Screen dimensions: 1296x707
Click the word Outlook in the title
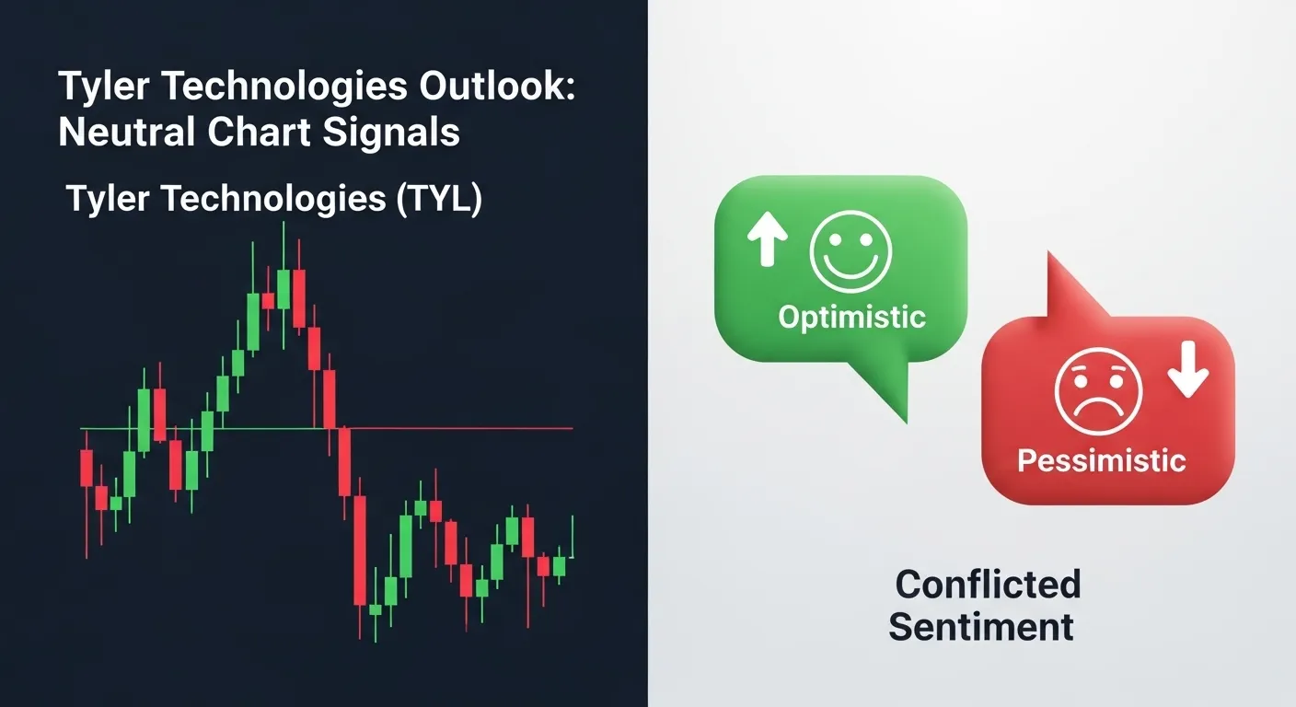pos(497,87)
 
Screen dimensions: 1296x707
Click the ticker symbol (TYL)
pos(439,199)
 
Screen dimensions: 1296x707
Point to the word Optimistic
pos(851,317)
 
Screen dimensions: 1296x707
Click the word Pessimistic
pos(1102,460)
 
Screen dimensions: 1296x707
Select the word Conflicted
pos(988,584)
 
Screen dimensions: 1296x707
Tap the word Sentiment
pos(981,627)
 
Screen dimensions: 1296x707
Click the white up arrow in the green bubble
pos(767,239)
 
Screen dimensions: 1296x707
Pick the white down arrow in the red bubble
pos(1187,369)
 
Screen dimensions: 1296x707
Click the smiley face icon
pos(850,251)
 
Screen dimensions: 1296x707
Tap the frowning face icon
pos(1099,391)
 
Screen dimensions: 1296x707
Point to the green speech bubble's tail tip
pos(906,423)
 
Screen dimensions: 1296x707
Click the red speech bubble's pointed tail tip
pos(1049,252)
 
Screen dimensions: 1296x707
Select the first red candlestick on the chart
pos(87,468)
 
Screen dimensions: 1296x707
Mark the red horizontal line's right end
pos(573,429)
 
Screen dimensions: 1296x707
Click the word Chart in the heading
pos(260,132)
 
